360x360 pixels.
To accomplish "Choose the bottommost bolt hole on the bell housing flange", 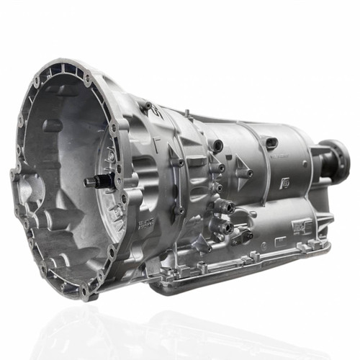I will click(86, 291).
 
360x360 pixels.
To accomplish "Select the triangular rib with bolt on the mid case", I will click(176, 155).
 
